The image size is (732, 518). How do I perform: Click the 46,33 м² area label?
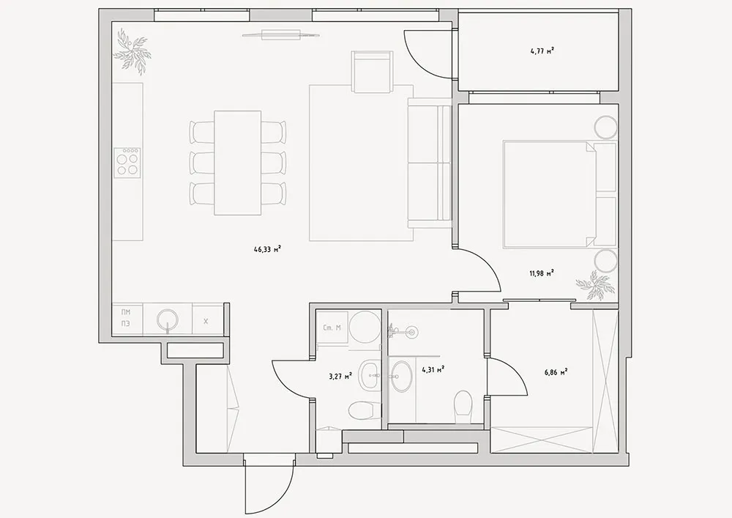(x=267, y=249)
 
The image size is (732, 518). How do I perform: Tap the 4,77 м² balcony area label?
(x=542, y=51)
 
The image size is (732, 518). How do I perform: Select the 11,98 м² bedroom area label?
(x=542, y=273)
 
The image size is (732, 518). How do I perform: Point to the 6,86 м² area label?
(x=555, y=373)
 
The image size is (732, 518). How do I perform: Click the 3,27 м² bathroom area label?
(x=340, y=376)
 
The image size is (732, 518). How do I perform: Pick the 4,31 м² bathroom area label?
(x=433, y=370)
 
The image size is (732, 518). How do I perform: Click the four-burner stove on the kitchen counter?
(x=127, y=162)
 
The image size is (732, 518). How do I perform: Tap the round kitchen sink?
(x=167, y=320)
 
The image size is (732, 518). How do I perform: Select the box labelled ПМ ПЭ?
(x=127, y=319)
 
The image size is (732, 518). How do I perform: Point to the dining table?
(x=237, y=163)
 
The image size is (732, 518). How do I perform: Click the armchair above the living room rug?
(x=372, y=72)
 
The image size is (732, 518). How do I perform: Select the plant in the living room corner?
(x=132, y=51)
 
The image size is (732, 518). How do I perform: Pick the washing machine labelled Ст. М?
(x=332, y=328)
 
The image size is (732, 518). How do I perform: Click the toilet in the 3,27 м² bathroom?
(x=361, y=410)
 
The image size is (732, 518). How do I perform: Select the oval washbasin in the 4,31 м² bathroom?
(x=401, y=375)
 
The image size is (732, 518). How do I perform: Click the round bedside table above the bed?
(x=605, y=127)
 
